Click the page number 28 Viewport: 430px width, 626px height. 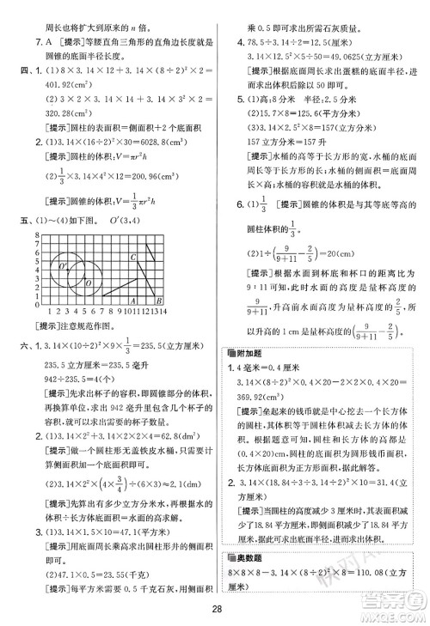[215, 611]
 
